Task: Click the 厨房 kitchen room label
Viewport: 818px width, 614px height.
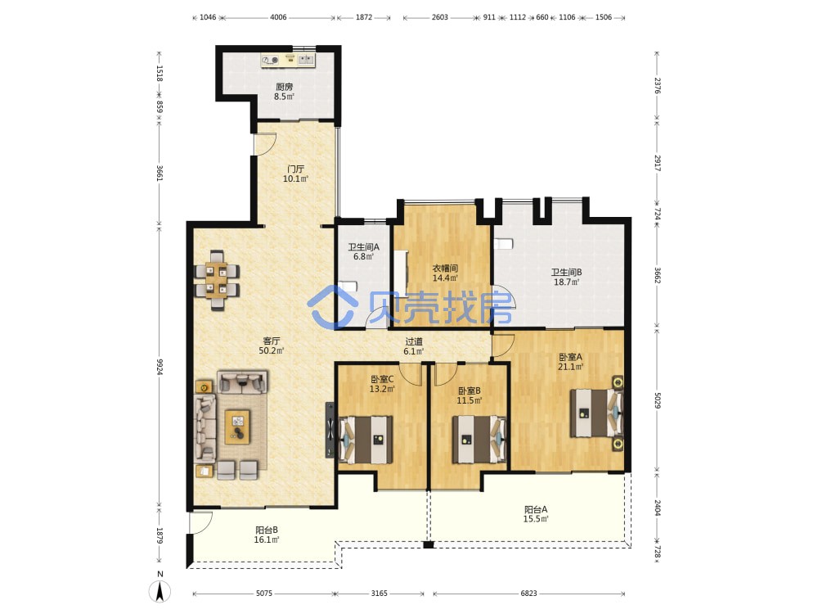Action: pyautogui.click(x=285, y=87)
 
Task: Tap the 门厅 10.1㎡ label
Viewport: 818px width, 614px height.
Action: pyautogui.click(x=296, y=174)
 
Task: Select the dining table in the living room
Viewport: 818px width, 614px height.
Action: pyautogui.click(x=217, y=280)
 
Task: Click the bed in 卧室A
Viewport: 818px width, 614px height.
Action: pyautogui.click(x=596, y=413)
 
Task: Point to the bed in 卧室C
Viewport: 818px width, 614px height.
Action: pyautogui.click(x=366, y=440)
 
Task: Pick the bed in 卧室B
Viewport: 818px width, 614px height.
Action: pyautogui.click(x=479, y=440)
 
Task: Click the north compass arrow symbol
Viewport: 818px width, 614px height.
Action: pyautogui.click(x=160, y=592)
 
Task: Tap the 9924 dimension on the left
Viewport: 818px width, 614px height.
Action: pyautogui.click(x=160, y=367)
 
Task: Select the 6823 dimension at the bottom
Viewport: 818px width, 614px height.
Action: pyautogui.click(x=528, y=593)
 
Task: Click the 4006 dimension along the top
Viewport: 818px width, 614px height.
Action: pyautogui.click(x=278, y=17)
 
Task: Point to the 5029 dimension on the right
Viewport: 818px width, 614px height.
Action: pyautogui.click(x=658, y=400)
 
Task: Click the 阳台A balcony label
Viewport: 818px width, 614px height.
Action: pyautogui.click(x=536, y=509)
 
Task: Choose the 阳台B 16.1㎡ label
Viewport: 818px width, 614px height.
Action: pyautogui.click(x=266, y=535)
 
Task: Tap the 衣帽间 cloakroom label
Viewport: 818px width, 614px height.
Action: pyautogui.click(x=445, y=269)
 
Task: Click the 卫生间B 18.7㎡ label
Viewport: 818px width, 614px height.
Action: pyautogui.click(x=567, y=278)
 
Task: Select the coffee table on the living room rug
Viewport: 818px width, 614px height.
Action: pyautogui.click(x=237, y=427)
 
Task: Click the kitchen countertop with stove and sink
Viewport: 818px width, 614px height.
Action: pyautogui.click(x=288, y=60)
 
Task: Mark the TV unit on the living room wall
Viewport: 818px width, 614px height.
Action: pyautogui.click(x=330, y=431)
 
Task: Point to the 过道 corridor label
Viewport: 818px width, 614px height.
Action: pyautogui.click(x=414, y=341)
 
